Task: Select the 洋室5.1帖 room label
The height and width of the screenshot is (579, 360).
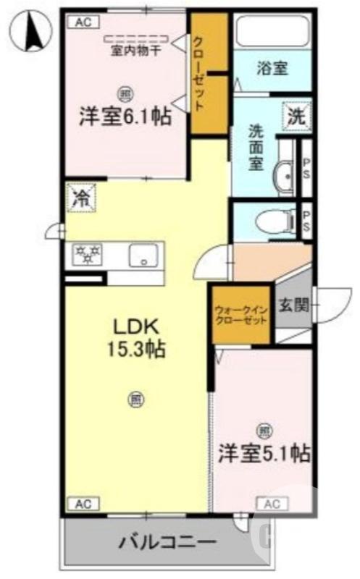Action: click(x=264, y=453)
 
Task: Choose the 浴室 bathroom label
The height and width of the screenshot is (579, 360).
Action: click(x=272, y=68)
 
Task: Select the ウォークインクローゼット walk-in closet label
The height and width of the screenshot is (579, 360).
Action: click(x=241, y=316)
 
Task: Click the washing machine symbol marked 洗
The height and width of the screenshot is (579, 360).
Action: click(x=297, y=114)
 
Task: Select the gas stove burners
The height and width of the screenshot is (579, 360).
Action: click(x=88, y=255)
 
